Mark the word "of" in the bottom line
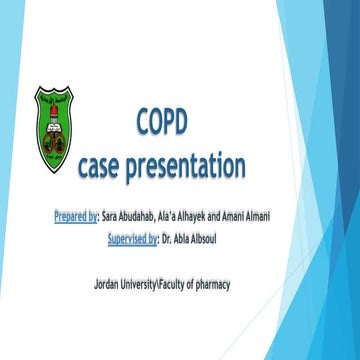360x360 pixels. point(186,285)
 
